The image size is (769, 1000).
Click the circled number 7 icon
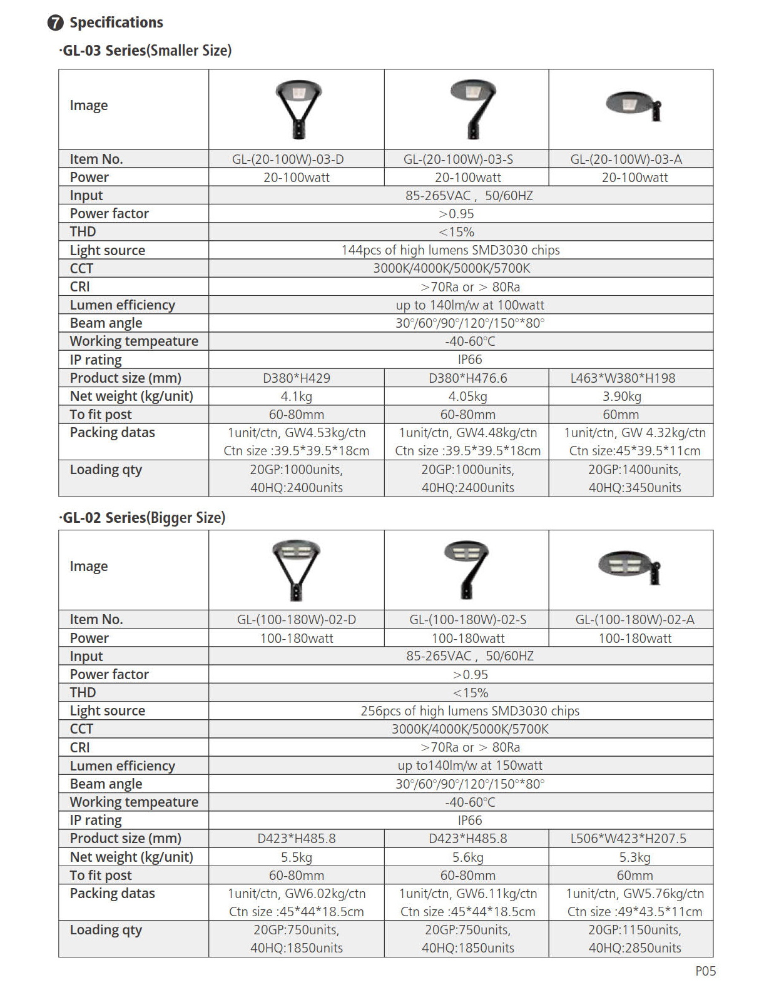pyautogui.click(x=56, y=23)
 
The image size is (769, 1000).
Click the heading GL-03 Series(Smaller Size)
pyautogui.click(x=146, y=51)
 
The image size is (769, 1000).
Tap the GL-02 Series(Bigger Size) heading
pyautogui.click(x=143, y=518)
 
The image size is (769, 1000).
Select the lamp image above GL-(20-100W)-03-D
pyautogui.click(x=298, y=108)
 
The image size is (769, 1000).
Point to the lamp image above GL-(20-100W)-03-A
pyautogui.click(x=633, y=106)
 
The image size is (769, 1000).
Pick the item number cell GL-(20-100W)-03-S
pyautogui.click(x=467, y=159)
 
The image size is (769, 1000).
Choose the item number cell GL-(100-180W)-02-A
pyautogui.click(x=634, y=620)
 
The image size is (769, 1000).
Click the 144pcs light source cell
pyautogui.click(x=450, y=250)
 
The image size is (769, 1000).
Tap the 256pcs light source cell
pyautogui.click(x=469, y=711)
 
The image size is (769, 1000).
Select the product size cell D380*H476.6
pyautogui.click(x=467, y=378)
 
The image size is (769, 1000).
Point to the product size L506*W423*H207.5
pyautogui.click(x=628, y=839)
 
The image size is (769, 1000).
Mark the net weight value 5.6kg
pyautogui.click(x=467, y=857)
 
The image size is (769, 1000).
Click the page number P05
pyautogui.click(x=705, y=971)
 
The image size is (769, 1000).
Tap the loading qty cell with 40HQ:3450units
pyautogui.click(x=634, y=479)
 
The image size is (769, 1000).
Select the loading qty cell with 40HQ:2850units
pyautogui.click(x=634, y=939)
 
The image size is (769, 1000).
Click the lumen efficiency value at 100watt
pyautogui.click(x=469, y=305)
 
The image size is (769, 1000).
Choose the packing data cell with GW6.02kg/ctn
pyautogui.click(x=297, y=902)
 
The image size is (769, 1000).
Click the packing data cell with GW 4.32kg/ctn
pyautogui.click(x=634, y=442)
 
